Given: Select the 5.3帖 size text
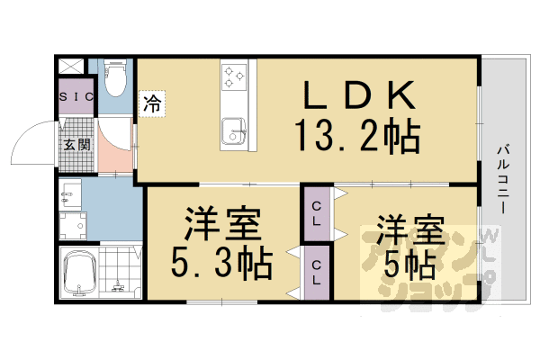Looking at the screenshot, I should coord(222,263).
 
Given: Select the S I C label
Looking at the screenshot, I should coord(76,96).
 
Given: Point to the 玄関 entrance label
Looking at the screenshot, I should coord(76,145).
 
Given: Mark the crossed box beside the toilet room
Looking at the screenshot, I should coord(72,67).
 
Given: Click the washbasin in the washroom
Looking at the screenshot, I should coord(72,192).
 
